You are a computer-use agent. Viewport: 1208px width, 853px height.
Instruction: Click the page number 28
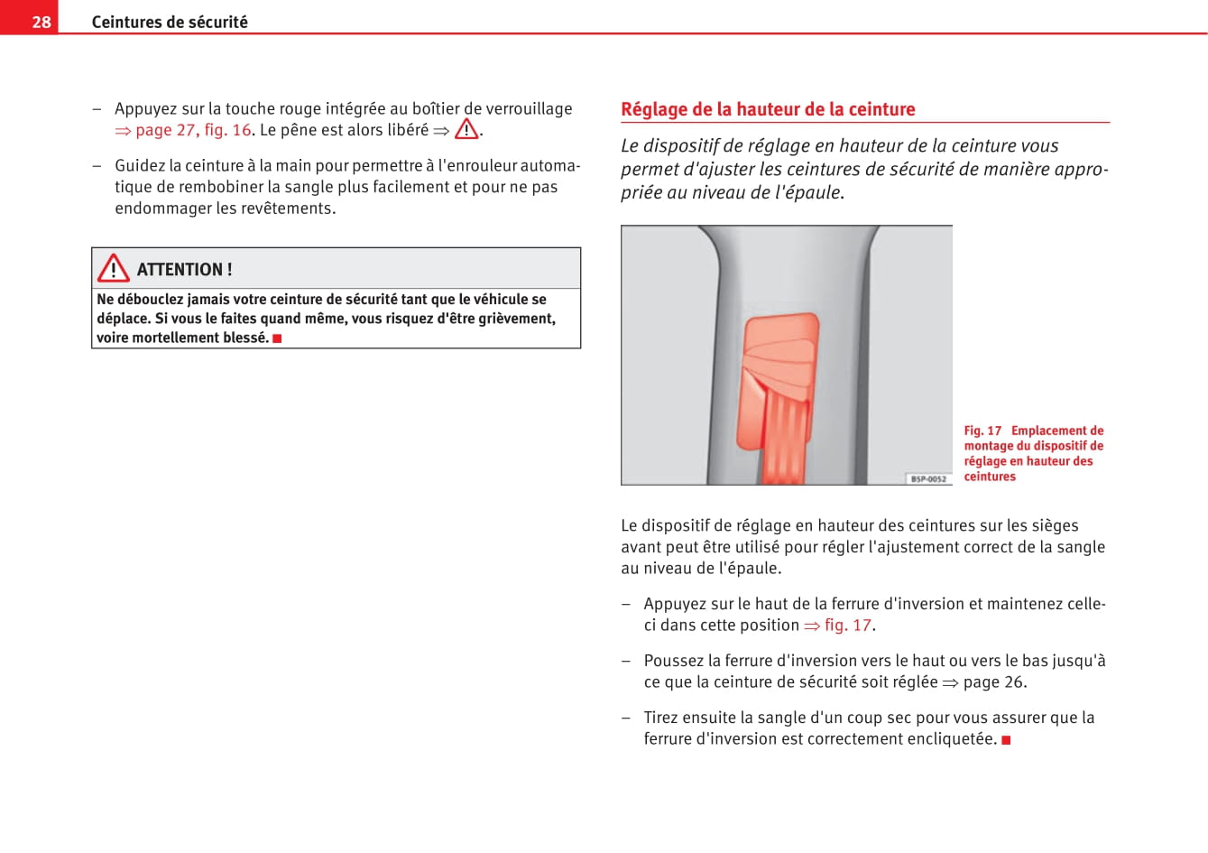click(x=41, y=22)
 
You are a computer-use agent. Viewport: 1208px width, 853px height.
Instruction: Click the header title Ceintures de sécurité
click(x=170, y=22)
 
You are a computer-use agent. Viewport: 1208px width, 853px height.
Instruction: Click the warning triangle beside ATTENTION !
click(x=114, y=269)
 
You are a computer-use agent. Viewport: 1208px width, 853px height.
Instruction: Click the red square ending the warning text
click(x=278, y=338)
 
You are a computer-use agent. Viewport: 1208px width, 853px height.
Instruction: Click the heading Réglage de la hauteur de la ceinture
click(x=768, y=109)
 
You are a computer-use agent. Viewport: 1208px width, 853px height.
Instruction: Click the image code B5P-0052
click(x=928, y=478)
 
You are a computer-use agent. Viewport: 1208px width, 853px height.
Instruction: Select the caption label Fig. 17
click(x=982, y=431)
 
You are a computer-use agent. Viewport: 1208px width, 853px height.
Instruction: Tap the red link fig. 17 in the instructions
click(x=847, y=625)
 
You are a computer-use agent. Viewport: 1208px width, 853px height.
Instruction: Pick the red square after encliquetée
click(x=1006, y=740)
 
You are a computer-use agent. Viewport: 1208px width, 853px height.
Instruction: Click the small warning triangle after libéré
click(x=466, y=130)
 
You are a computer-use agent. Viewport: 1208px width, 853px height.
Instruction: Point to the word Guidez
click(x=139, y=165)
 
